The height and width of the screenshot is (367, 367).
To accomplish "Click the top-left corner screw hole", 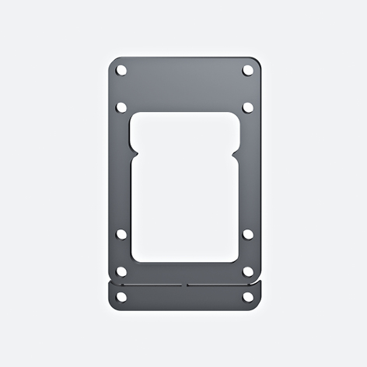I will click(121, 70).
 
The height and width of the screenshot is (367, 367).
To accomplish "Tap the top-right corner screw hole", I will click(247, 70).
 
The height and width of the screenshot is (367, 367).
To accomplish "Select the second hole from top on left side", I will click(121, 107).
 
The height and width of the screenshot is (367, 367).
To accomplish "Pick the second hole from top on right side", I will click(247, 107).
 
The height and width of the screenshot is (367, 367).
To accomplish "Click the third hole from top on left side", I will click(121, 233).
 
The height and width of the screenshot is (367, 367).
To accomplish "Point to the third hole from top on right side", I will click(247, 233).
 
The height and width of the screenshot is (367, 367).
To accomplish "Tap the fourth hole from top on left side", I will click(121, 271).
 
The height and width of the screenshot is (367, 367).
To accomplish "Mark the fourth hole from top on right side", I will click(247, 271).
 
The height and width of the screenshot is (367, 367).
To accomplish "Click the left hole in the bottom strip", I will click(121, 296).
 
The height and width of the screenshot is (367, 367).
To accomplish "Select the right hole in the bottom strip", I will click(247, 296).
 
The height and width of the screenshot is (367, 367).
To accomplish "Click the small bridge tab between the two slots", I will click(184, 285).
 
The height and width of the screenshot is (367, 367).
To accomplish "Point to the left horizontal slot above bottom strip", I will click(148, 285).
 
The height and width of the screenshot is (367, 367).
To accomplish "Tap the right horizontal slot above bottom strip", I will click(222, 285).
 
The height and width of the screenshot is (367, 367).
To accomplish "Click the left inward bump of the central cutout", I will click(132, 152).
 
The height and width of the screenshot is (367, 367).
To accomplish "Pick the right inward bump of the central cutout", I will click(236, 152).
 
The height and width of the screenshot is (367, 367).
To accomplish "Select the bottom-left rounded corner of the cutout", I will click(137, 258).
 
